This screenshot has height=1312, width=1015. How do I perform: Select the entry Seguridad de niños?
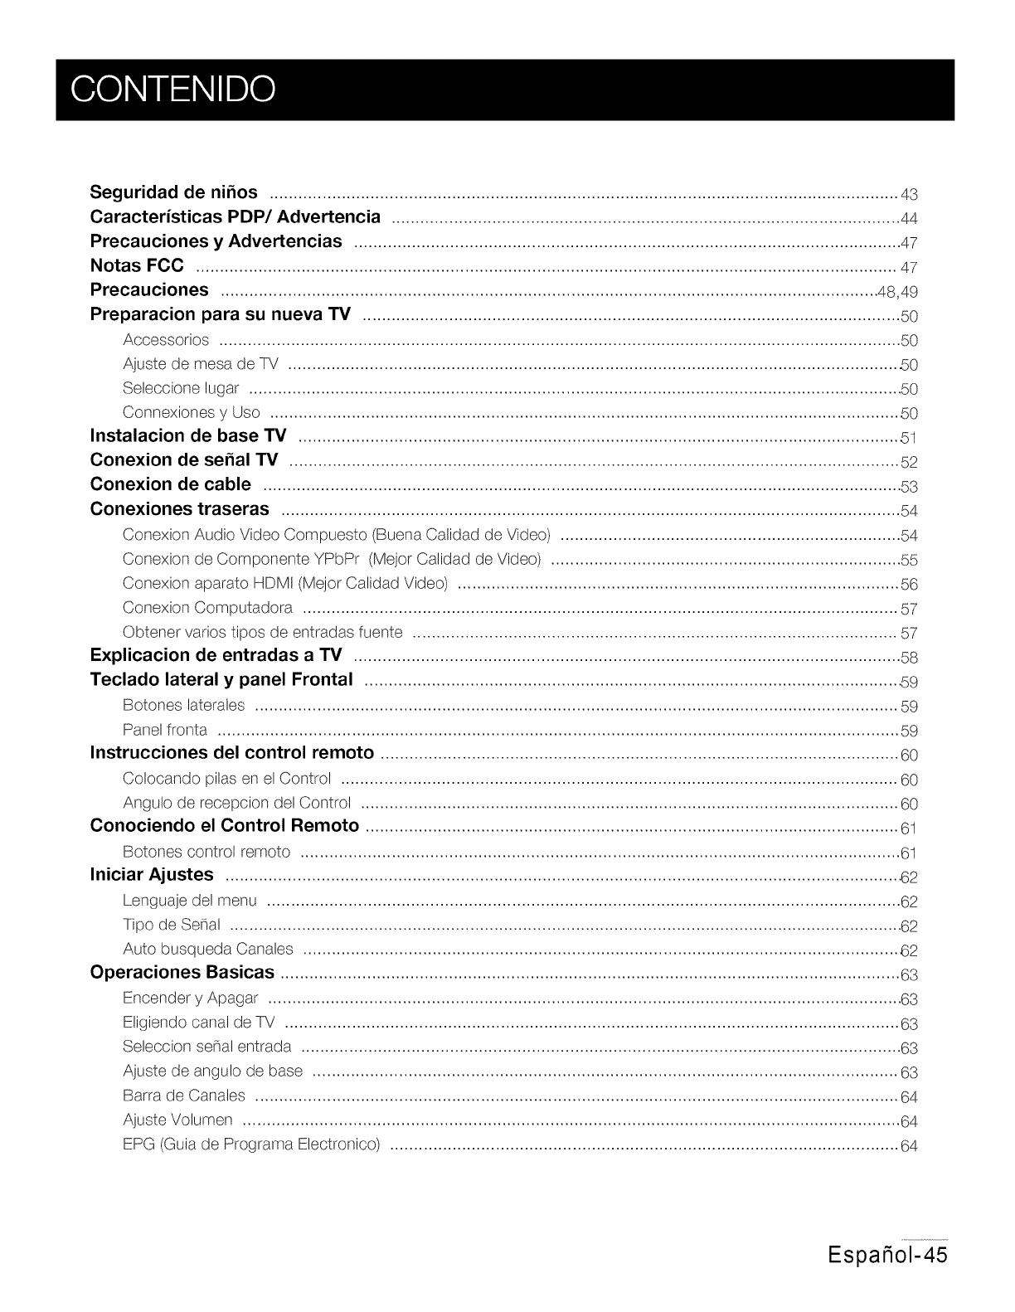(x=173, y=193)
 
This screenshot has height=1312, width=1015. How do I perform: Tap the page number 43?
(x=909, y=196)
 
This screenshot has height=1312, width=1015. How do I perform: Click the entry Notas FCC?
(x=137, y=266)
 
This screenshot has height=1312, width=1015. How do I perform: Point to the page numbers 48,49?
(x=897, y=292)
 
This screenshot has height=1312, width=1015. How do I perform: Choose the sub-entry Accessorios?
(x=166, y=340)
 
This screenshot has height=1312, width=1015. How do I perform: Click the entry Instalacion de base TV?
(x=188, y=436)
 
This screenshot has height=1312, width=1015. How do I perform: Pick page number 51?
(x=909, y=439)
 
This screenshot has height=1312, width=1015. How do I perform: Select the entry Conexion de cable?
(x=170, y=484)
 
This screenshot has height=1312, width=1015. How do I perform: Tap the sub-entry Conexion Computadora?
(x=207, y=608)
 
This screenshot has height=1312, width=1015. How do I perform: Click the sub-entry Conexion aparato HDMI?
(x=285, y=584)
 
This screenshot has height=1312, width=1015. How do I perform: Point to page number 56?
(x=909, y=585)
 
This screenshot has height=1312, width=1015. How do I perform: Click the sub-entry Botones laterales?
(x=183, y=706)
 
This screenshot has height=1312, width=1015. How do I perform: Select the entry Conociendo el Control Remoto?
(x=224, y=826)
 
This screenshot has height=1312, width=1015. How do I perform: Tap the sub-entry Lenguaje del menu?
(x=190, y=901)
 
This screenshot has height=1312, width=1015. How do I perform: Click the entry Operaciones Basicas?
(x=182, y=972)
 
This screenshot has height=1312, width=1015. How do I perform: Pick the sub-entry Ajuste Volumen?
(x=177, y=1120)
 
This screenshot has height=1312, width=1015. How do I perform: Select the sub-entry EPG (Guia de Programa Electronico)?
(x=251, y=1145)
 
